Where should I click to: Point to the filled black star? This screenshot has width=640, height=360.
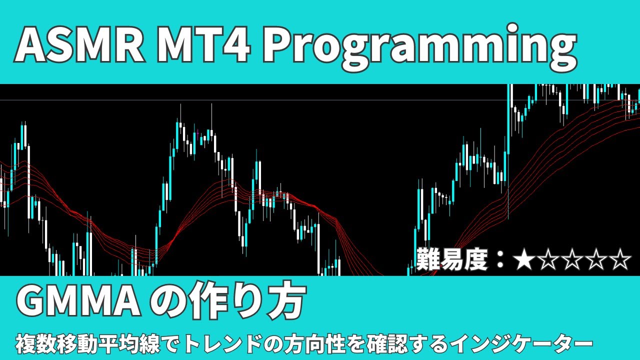[x=523, y=260]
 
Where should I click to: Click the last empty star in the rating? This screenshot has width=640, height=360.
[x=619, y=260]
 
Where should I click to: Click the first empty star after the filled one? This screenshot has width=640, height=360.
[x=547, y=260]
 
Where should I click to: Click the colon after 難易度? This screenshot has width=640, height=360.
[x=499, y=261]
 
